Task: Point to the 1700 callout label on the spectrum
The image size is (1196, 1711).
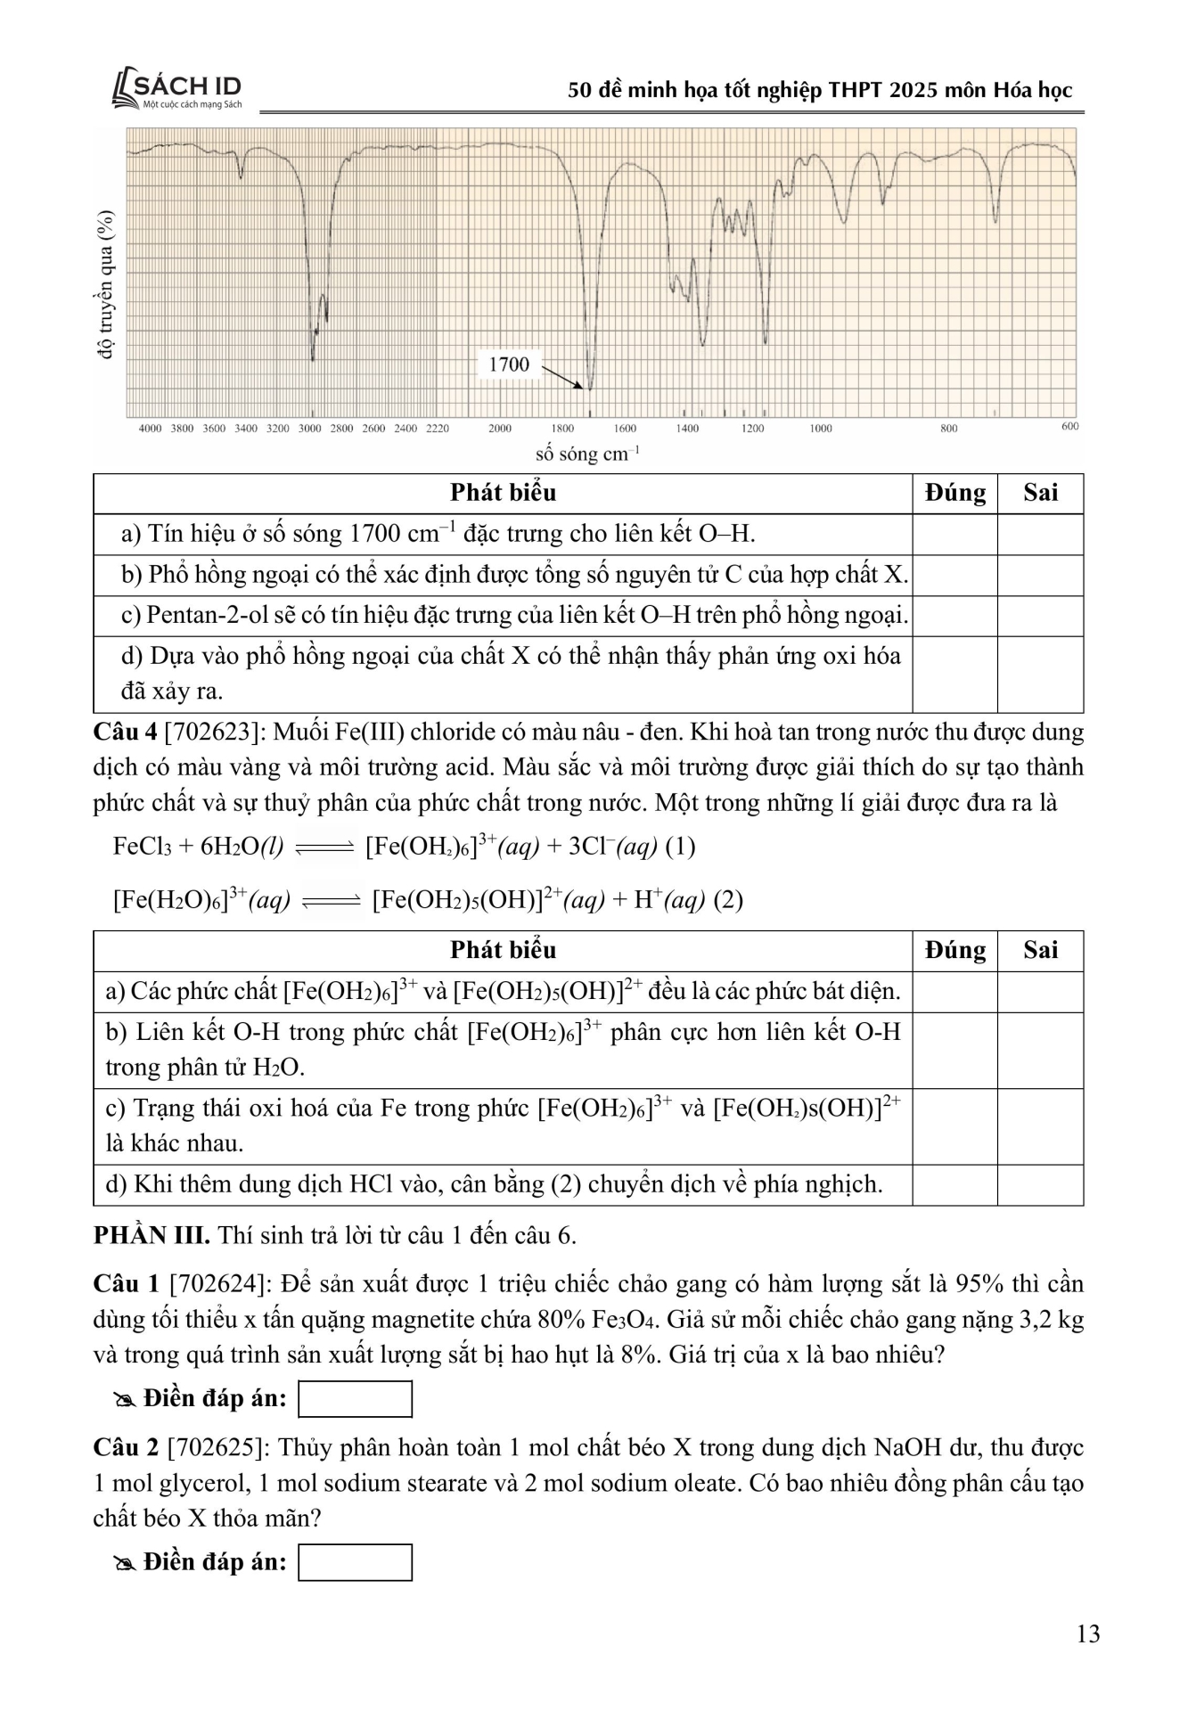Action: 509,364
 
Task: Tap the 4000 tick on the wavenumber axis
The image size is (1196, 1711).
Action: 150,429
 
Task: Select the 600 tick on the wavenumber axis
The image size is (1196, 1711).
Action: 1069,427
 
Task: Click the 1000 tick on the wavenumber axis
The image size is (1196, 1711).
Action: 821,429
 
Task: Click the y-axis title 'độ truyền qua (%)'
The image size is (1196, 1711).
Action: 107,284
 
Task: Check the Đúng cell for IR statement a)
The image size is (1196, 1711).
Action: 954,535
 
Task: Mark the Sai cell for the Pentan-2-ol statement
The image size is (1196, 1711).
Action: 1040,616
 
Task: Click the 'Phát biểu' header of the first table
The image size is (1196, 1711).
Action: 503,493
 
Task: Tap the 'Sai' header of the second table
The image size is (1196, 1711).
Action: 1040,951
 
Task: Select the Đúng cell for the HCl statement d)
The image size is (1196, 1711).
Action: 954,1185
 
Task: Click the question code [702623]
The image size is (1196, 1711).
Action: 214,733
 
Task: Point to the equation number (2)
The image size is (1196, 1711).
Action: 728,900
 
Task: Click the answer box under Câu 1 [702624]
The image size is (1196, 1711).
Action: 355,1399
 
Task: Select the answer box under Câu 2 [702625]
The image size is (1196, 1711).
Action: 355,1563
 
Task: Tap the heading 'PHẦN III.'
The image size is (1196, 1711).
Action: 152,1236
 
